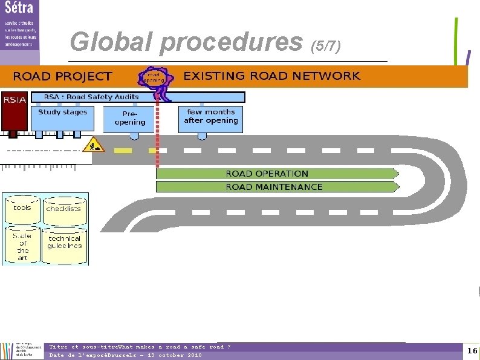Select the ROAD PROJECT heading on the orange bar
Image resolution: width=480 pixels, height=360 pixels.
(x=62, y=76)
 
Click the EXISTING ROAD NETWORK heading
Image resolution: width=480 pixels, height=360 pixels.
(x=271, y=76)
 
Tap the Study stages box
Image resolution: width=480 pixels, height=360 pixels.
(x=62, y=117)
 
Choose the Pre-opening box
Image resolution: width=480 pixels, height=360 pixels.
(x=130, y=119)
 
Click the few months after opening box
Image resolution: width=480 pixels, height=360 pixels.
(x=211, y=119)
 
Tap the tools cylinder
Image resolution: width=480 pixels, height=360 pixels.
(x=22, y=209)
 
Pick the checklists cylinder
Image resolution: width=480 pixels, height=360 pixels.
(x=63, y=210)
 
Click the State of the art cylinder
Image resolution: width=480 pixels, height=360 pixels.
(x=22, y=246)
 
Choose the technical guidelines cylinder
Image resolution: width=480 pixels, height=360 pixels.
(x=65, y=244)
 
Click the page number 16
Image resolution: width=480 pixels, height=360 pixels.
(x=472, y=351)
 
